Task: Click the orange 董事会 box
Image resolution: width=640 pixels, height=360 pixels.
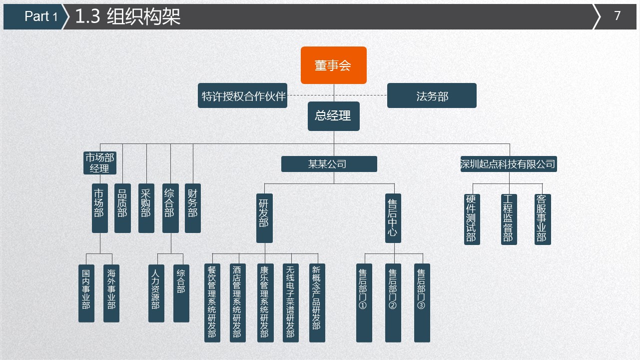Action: (333, 65)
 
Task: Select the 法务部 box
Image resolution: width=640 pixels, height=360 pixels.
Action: (432, 95)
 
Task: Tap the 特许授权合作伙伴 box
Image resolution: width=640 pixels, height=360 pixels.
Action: (243, 95)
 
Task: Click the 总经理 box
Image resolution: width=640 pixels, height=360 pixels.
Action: (333, 116)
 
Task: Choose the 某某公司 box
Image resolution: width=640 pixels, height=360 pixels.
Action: (329, 164)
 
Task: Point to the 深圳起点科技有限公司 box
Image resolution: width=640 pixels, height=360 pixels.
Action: (508, 164)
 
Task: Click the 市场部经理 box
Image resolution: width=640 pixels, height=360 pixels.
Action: (99, 163)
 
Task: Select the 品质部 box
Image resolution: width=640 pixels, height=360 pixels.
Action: (122, 208)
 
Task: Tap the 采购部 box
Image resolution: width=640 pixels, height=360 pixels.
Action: (146, 208)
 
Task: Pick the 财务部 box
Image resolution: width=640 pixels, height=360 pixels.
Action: (193, 208)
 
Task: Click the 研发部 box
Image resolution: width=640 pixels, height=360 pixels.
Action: (264, 218)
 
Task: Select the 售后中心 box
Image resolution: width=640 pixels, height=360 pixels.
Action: (393, 218)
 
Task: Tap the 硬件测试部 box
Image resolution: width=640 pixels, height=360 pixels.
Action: (472, 219)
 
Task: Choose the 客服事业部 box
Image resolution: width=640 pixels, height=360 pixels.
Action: (543, 219)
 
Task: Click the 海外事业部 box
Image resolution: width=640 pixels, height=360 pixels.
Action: (111, 293)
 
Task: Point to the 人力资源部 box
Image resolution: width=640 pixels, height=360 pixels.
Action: (156, 293)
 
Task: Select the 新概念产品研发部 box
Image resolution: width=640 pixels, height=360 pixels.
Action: (317, 302)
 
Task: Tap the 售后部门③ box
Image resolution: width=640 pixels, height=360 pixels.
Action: (422, 302)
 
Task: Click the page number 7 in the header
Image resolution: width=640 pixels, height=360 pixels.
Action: (617, 16)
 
